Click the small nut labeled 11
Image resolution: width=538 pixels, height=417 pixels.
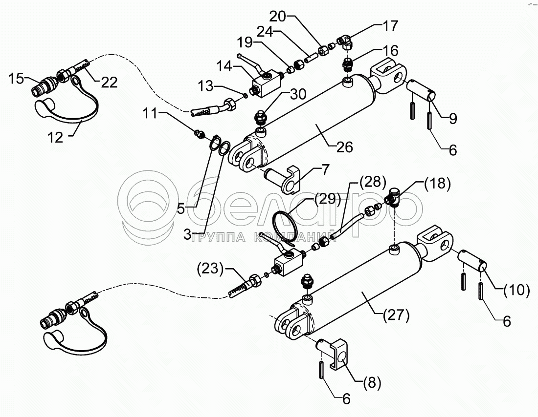[x=199, y=133]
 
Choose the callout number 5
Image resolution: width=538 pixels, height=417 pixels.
[x=180, y=208]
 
